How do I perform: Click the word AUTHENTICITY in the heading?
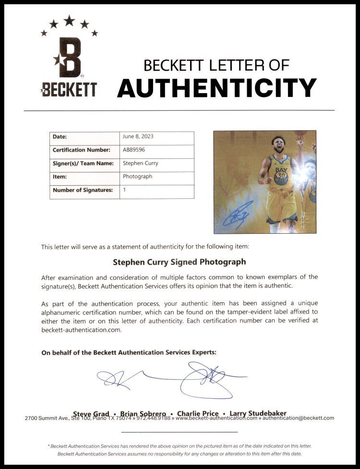[216, 88]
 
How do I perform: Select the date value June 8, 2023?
[138, 137]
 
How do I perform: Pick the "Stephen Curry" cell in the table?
[141, 163]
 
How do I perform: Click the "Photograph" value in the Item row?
[138, 177]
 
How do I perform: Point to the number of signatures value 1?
[125, 190]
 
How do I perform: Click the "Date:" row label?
[60, 137]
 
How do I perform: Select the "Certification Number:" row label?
[82, 150]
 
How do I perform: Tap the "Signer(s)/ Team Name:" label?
[83, 163]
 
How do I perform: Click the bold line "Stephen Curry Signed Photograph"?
[179, 262]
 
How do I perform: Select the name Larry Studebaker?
[258, 413]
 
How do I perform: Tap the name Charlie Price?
[198, 413]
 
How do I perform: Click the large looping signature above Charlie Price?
[209, 379]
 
